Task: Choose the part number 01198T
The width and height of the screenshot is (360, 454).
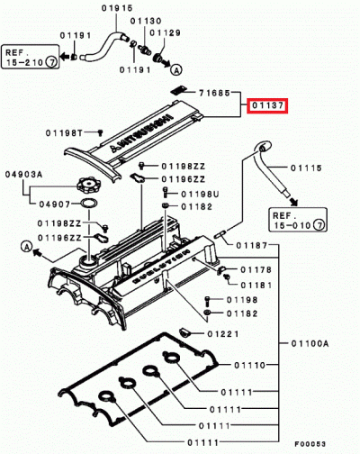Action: [x=65, y=132]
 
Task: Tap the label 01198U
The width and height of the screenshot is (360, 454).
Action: [x=200, y=194]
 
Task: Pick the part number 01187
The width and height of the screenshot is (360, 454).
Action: [x=252, y=245]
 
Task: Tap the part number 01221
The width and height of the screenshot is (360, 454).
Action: [x=225, y=333]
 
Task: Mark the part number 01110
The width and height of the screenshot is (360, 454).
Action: [x=251, y=366]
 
